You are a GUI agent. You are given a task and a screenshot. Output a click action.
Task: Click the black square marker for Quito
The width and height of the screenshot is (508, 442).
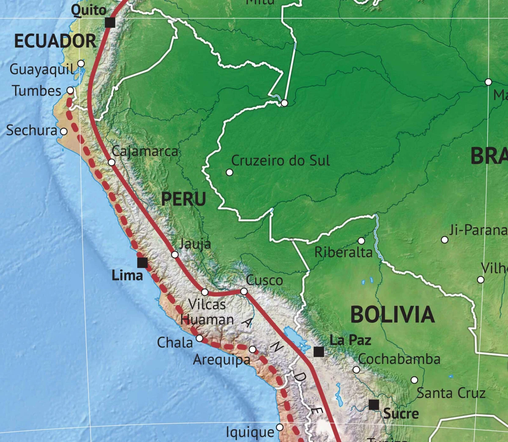[x=110, y=22]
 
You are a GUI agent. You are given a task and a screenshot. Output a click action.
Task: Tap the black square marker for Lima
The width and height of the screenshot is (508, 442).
[x=143, y=263]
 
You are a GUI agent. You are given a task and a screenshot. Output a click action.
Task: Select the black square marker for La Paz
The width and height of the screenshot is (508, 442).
[x=319, y=352]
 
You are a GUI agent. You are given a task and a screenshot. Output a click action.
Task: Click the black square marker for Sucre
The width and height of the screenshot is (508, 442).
[x=374, y=405]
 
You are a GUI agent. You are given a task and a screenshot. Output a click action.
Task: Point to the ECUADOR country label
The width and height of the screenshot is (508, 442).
[x=55, y=41]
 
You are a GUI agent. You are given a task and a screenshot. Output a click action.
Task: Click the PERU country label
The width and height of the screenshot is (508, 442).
[x=183, y=199]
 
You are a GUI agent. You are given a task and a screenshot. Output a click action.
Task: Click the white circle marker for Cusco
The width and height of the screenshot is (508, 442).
[x=244, y=291]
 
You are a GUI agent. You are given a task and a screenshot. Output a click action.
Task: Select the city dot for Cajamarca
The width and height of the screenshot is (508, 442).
[x=111, y=162]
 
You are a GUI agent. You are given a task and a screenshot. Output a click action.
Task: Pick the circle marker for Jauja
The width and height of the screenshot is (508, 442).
[x=175, y=254]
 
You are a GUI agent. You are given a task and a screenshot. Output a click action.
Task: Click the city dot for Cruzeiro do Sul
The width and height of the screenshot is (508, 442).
[x=229, y=172]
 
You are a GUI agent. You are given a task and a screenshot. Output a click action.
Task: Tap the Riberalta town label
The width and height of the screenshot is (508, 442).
[x=343, y=252]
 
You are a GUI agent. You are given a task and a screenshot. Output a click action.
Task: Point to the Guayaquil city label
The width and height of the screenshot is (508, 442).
[x=41, y=69]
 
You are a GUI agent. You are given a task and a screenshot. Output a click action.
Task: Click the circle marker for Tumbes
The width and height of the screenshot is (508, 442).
[x=70, y=90]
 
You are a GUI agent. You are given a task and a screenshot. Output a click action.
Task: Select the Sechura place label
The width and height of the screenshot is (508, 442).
[x=31, y=131]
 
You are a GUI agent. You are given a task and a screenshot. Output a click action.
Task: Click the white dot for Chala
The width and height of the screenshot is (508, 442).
[x=199, y=338]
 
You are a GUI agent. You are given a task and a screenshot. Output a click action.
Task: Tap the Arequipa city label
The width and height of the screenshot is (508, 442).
[x=222, y=360]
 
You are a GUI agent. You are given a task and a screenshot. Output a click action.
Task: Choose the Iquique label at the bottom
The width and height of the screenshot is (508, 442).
[x=250, y=432]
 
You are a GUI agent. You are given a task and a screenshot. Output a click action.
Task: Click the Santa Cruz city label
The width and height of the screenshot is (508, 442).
[x=451, y=393]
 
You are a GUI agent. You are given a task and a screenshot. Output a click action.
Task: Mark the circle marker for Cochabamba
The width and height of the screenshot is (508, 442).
[x=356, y=370]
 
